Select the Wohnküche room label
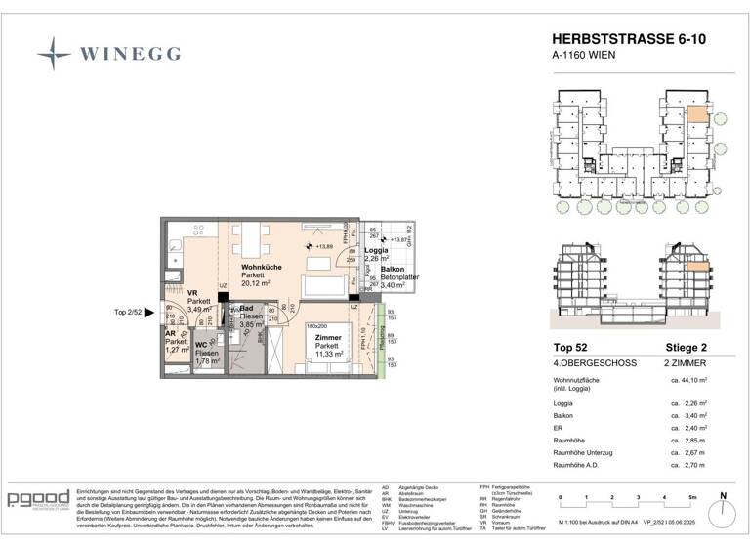coord(262,266)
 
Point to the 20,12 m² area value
coord(261,284)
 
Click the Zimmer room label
coord(326,336)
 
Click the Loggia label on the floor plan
coord(377,250)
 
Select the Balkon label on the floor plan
coord(393,268)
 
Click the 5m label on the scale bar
coord(690,497)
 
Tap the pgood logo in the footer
coord(38,500)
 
